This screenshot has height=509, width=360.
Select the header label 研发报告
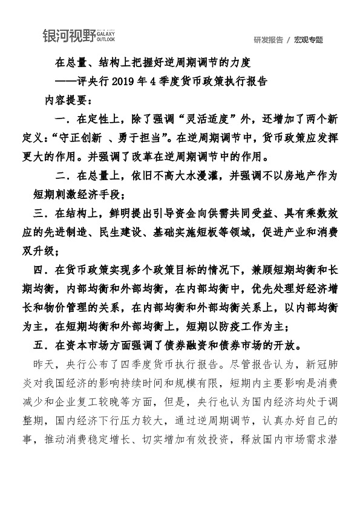click(x=269, y=40)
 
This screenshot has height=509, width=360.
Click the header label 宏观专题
click(x=309, y=40)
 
